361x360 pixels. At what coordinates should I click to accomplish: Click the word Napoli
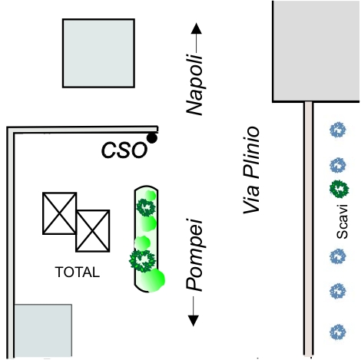[194, 84]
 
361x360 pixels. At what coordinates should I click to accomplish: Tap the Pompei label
[194, 255]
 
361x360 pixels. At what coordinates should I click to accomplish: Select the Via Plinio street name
[251, 170]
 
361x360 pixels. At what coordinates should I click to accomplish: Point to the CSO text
[124, 150]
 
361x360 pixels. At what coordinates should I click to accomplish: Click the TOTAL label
[78, 272]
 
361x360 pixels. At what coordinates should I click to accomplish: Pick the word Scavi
[342, 222]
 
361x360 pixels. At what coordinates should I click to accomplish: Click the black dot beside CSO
[152, 138]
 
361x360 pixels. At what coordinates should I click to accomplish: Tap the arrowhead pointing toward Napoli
[197, 28]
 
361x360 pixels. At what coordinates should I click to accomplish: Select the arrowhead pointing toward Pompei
[194, 321]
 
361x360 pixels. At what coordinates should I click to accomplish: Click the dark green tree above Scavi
[339, 189]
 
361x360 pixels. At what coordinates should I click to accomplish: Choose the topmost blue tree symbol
[338, 130]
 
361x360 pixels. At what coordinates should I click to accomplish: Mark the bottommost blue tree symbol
[338, 332]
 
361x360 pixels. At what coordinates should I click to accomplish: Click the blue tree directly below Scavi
[338, 256]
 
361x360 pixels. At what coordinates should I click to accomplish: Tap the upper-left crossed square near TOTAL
[60, 213]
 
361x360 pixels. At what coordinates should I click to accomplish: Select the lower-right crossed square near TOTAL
[93, 231]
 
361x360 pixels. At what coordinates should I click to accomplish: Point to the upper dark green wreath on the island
[146, 207]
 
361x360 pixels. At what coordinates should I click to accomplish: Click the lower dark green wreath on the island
[142, 261]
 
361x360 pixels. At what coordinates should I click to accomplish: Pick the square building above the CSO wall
[98, 53]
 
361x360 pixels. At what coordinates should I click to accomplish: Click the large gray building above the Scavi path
[316, 51]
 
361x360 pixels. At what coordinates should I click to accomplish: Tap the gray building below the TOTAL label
[43, 331]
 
